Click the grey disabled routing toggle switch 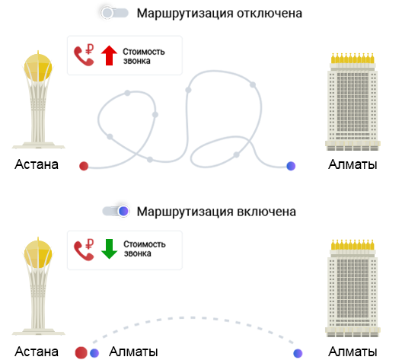tap(114, 13)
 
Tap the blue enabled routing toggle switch tap(116, 211)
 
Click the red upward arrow tap(109, 56)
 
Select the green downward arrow tap(109, 249)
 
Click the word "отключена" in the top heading tap(270, 14)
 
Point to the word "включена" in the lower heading tap(266, 212)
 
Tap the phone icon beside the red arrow tap(84, 55)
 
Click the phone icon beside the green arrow tap(84, 250)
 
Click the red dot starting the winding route tap(84, 166)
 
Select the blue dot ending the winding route tap(291, 166)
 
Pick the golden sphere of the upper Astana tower tap(38, 67)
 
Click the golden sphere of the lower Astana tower tap(38, 254)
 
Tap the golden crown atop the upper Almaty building tap(353, 59)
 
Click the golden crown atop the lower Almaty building tap(353, 245)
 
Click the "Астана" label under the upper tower tap(37, 164)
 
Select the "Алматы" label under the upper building tap(353, 164)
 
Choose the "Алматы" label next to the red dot tap(133, 352)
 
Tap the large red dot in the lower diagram tap(81, 352)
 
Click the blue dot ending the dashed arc tap(298, 353)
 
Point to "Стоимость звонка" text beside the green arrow tap(145, 249)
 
